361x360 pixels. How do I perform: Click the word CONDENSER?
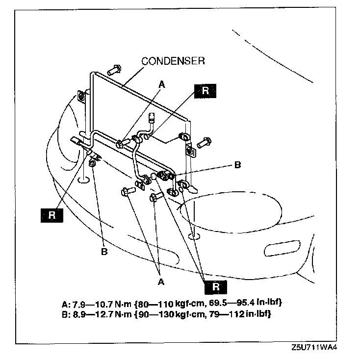click(x=173, y=61)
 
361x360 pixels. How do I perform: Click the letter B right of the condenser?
click(x=237, y=165)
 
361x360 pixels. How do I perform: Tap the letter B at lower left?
click(x=104, y=252)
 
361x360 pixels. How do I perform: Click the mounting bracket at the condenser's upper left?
click(x=82, y=98)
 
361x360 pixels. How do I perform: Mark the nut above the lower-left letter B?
click(x=92, y=162)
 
